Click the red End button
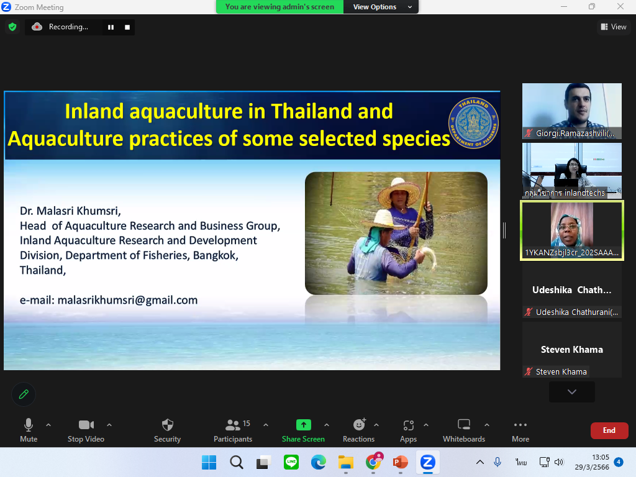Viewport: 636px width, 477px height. (x=609, y=430)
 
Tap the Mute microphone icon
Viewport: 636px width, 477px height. (x=29, y=425)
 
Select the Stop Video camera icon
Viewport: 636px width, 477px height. (x=86, y=425)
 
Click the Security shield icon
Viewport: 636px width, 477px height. (x=168, y=425)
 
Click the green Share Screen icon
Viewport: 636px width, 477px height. (x=303, y=425)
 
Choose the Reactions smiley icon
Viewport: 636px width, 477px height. (x=360, y=424)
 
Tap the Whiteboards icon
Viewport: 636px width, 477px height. (x=463, y=424)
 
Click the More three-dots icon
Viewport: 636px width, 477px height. (x=520, y=425)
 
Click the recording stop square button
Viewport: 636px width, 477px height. (x=127, y=27)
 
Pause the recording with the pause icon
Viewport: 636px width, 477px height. (x=111, y=27)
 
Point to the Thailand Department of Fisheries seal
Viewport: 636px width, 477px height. (x=473, y=123)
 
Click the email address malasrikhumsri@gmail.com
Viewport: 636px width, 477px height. (x=127, y=300)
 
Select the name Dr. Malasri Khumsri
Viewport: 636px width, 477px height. (x=70, y=211)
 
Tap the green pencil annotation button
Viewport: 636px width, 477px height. (x=24, y=394)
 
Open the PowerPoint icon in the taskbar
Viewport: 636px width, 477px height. (x=401, y=462)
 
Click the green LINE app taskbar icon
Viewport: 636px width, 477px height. (x=291, y=462)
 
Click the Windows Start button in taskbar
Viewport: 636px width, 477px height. (x=209, y=462)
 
